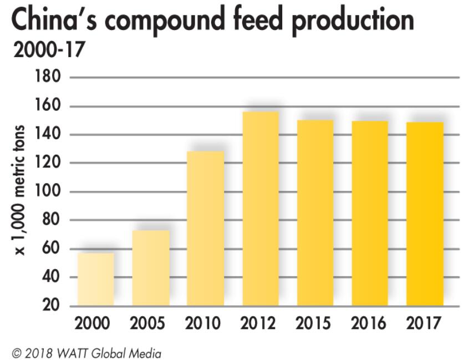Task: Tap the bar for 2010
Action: point(206,228)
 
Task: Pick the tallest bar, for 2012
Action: point(261,209)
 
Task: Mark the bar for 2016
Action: point(370,213)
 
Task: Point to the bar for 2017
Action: point(425,214)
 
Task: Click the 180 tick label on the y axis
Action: point(48,77)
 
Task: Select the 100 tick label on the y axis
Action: point(48,191)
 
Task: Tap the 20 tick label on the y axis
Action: point(51,306)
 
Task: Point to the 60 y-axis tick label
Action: point(51,249)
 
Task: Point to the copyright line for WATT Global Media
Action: point(86,352)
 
